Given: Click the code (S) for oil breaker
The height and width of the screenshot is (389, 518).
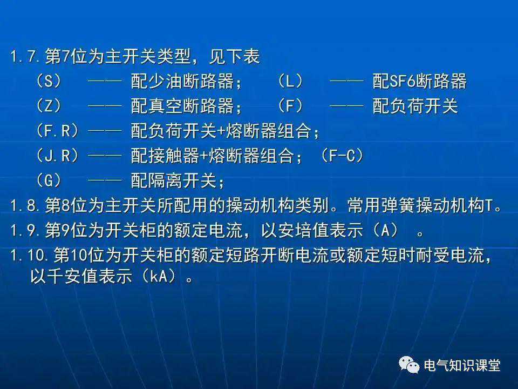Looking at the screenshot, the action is click(49, 81).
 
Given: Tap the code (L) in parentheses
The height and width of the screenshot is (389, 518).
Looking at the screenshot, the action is click(290, 81).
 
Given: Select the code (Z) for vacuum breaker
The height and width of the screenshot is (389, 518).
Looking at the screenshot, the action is click(49, 106).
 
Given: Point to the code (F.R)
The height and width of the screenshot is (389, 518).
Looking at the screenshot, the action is click(57, 131).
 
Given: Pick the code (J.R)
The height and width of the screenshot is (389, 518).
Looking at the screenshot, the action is click(57, 156).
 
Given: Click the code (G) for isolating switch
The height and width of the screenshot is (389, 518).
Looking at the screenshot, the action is click(49, 180).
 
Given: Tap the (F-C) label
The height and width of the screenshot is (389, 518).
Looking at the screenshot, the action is click(342, 156).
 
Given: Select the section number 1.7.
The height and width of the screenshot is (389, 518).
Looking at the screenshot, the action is click(25, 56).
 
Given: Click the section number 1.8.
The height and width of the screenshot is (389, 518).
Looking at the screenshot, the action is click(25, 205).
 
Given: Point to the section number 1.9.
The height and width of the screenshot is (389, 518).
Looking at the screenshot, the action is click(25, 230).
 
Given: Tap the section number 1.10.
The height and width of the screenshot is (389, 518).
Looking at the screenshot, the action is click(29, 255).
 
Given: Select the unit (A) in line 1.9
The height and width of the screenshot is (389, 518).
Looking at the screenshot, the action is click(385, 230).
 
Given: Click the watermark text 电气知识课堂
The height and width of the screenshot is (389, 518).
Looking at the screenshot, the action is click(462, 366).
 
